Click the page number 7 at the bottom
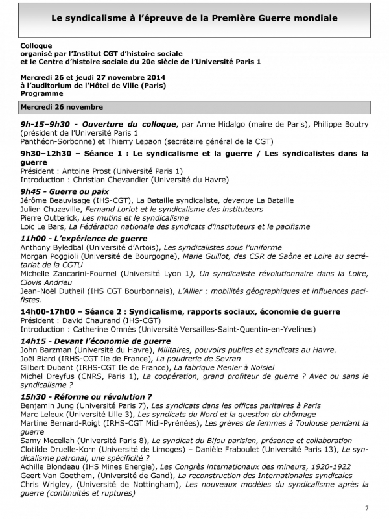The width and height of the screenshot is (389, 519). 367,507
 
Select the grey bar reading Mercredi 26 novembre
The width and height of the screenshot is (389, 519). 194,107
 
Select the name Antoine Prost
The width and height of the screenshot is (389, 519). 88,171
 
